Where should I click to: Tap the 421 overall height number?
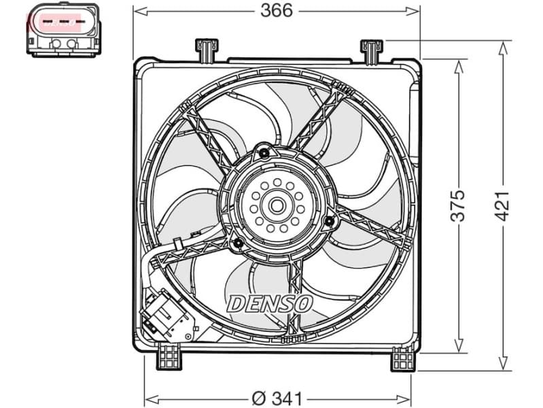[502, 205]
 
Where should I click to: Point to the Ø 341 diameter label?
[278, 397]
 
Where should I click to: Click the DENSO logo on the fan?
[269, 303]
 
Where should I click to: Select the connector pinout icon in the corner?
[62, 29]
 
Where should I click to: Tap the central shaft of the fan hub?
[277, 204]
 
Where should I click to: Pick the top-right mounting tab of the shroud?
[370, 51]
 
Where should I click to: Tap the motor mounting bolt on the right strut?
[330, 220]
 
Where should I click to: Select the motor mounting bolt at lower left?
[238, 244]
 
